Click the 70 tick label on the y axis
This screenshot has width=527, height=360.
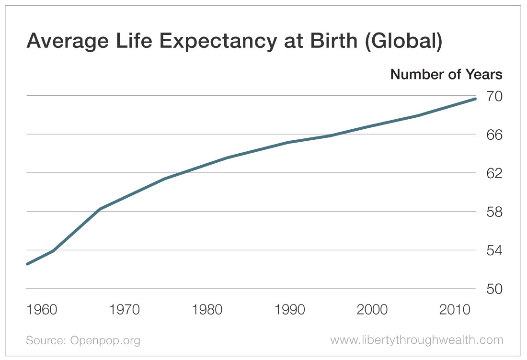(493, 97)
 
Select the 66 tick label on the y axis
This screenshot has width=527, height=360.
(493, 135)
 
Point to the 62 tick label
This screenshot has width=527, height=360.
(493, 173)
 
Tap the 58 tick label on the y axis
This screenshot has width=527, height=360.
(493, 212)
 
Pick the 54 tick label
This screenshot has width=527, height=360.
(493, 251)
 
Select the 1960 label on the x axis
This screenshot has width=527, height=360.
(42, 310)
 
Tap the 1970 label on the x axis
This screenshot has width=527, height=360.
(125, 310)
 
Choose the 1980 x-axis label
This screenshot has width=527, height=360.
(207, 310)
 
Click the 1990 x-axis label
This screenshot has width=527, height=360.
(289, 310)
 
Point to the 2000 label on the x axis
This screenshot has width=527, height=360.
(372, 310)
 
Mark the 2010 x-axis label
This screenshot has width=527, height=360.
(455, 310)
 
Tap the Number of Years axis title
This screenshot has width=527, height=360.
(446, 75)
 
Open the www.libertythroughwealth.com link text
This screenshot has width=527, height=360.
(416, 340)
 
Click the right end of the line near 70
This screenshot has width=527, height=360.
(475, 99)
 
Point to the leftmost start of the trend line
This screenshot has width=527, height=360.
(27, 264)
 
